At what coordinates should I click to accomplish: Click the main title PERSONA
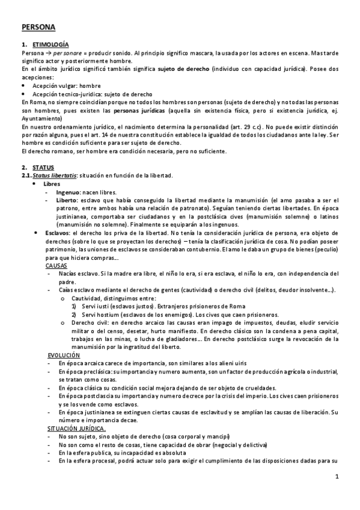[38, 27]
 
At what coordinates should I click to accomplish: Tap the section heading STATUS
[44, 167]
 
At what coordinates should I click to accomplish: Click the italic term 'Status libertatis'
[55, 175]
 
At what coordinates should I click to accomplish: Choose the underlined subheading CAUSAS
[56, 265]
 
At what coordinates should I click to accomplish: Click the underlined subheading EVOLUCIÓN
[63, 355]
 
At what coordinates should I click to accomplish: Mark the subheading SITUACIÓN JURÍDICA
[76, 429]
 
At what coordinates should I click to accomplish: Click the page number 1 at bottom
[338, 478]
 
